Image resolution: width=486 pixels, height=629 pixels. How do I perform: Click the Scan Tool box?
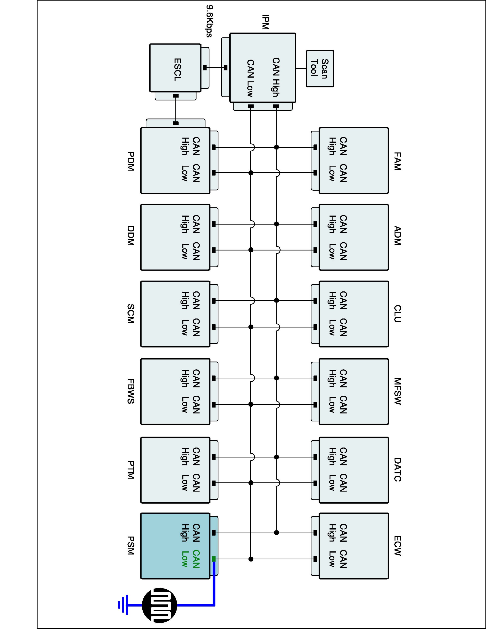(320, 69)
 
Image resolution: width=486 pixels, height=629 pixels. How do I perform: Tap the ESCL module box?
(175, 68)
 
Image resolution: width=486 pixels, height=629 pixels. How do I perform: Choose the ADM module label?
(397, 236)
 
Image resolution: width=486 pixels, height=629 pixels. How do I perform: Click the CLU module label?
(397, 314)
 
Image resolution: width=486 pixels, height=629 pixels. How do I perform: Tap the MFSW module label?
(397, 391)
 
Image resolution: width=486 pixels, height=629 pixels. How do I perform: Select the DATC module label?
(397, 470)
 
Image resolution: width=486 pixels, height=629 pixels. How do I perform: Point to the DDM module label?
(130, 236)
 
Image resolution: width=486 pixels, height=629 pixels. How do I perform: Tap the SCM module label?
(130, 314)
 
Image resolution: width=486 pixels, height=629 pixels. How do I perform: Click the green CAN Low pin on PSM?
(214, 559)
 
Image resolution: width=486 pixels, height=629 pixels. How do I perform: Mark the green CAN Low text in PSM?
(191, 559)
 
